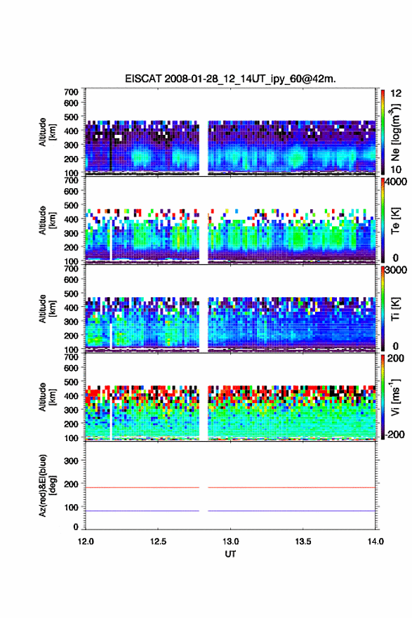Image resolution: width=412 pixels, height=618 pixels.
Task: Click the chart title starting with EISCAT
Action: pyautogui.click(x=230, y=79)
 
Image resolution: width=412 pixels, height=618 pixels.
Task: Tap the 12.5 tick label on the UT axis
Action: pyautogui.click(x=158, y=541)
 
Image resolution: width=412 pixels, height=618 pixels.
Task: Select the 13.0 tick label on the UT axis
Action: pyautogui.click(x=230, y=541)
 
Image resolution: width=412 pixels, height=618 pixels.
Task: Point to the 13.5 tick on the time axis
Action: pyautogui.click(x=303, y=541)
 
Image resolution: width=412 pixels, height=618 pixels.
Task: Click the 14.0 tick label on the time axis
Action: pyautogui.click(x=376, y=541)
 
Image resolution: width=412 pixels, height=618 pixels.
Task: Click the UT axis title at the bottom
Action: pyautogui.click(x=230, y=554)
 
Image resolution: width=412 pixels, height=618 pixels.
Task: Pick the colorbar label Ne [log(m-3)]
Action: pyautogui.click(x=396, y=133)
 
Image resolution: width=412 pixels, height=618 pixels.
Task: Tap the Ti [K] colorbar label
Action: pyautogui.click(x=395, y=309)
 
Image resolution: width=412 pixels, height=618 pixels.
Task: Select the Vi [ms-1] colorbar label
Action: pyautogui.click(x=395, y=397)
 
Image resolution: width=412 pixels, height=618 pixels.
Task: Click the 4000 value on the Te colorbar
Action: pyautogui.click(x=396, y=182)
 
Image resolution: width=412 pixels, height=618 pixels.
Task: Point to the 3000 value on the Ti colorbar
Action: pyautogui.click(x=396, y=270)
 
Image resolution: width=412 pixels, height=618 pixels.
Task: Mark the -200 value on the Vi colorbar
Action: pyautogui.click(x=393, y=434)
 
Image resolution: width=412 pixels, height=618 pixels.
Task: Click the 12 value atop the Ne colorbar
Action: pyautogui.click(x=396, y=93)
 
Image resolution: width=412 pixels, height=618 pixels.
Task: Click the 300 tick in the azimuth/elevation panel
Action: pyautogui.click(x=71, y=461)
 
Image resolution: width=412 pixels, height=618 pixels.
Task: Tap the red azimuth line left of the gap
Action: pyautogui.click(x=142, y=488)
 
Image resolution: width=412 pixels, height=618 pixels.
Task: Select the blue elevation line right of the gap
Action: pyautogui.click(x=291, y=511)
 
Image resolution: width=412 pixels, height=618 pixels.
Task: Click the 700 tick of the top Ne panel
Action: pyautogui.click(x=71, y=92)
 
